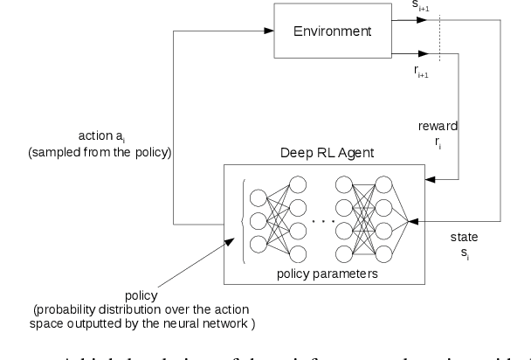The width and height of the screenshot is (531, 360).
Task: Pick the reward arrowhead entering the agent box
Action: pos(428,180)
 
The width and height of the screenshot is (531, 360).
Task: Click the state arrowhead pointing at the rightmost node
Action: pos(423,220)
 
